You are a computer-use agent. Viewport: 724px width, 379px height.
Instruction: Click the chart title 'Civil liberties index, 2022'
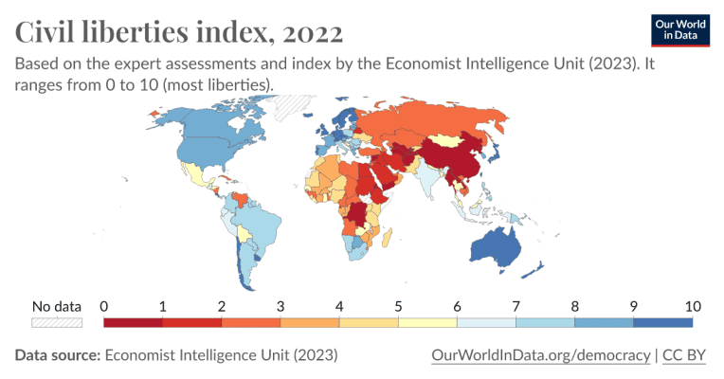[179, 32]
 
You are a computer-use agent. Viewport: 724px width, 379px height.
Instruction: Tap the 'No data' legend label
[57, 306]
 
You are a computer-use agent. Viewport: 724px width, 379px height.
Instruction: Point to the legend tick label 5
[399, 306]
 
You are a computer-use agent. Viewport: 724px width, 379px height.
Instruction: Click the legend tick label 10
[692, 306]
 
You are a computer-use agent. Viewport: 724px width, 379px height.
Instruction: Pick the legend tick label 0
[103, 306]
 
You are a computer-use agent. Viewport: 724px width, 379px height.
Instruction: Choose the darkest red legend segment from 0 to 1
[133, 322]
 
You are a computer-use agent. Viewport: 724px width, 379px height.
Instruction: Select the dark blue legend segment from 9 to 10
[663, 322]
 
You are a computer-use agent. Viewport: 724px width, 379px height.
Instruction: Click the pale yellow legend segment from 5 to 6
[428, 322]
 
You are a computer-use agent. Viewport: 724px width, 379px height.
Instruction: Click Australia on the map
[493, 248]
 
